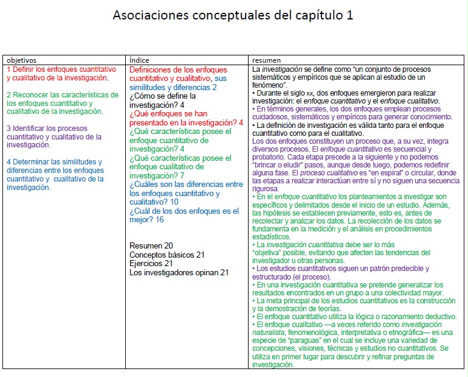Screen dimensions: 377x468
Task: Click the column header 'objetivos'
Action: tap(22, 60)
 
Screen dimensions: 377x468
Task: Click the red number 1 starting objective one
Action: tap(9, 69)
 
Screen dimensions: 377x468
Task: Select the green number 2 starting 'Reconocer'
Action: tap(9, 95)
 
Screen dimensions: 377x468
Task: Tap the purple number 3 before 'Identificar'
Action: tap(9, 129)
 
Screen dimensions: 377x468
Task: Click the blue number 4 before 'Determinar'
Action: tap(9, 162)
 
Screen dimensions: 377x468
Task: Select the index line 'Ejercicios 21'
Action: tap(151, 264)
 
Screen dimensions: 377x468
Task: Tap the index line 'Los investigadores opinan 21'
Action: tap(179, 273)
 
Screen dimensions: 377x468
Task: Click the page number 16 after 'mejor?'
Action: tap(160, 220)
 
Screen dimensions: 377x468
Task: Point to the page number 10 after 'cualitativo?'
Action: tap(174, 202)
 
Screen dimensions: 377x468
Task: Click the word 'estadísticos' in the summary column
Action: tap(271, 236)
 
